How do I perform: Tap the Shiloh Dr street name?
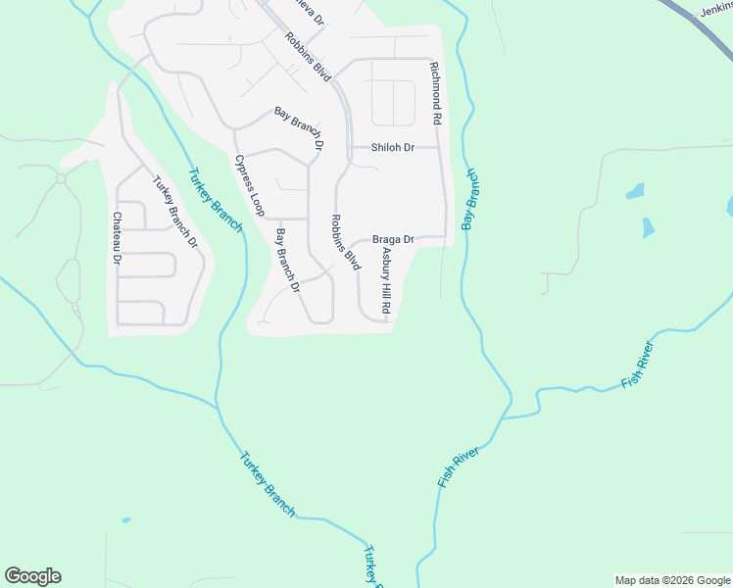click(x=393, y=148)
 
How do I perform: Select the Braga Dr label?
click(x=394, y=239)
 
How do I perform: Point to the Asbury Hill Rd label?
click(x=387, y=280)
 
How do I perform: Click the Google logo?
click(x=32, y=576)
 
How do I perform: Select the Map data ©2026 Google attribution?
click(x=672, y=580)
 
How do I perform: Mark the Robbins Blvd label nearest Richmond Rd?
click(x=310, y=56)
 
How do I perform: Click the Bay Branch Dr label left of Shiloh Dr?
click(x=299, y=127)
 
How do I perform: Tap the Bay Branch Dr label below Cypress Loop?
click(x=287, y=262)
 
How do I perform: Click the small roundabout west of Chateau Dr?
click(x=61, y=178)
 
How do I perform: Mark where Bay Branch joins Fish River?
click(x=506, y=416)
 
